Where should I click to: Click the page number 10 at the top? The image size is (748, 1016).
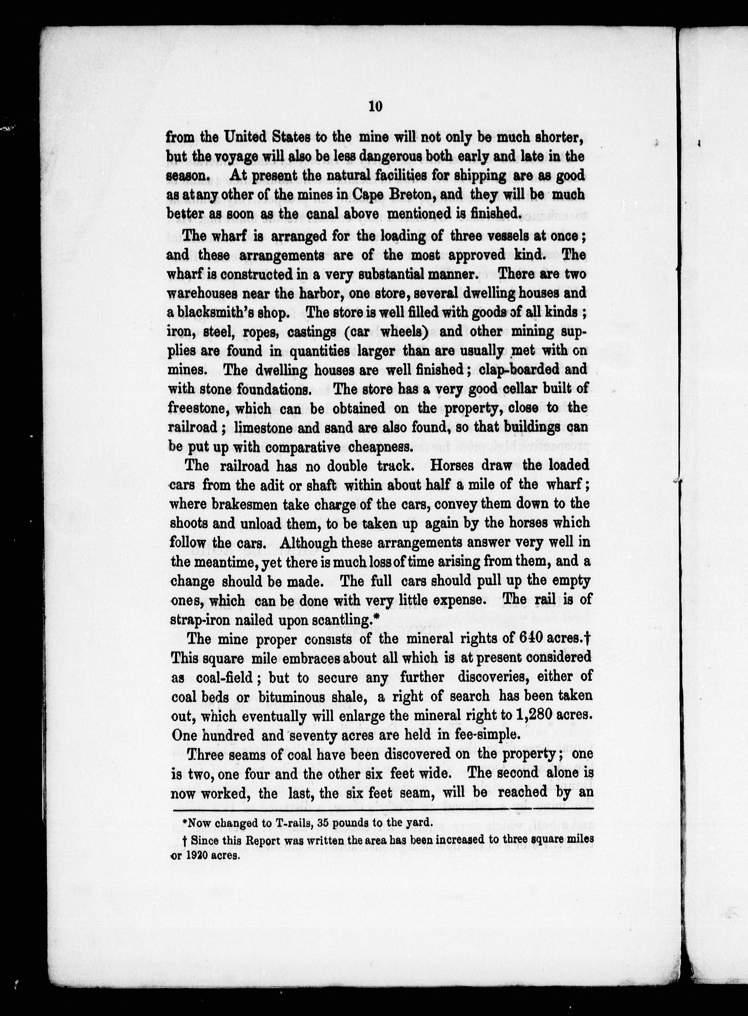[x=375, y=107]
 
